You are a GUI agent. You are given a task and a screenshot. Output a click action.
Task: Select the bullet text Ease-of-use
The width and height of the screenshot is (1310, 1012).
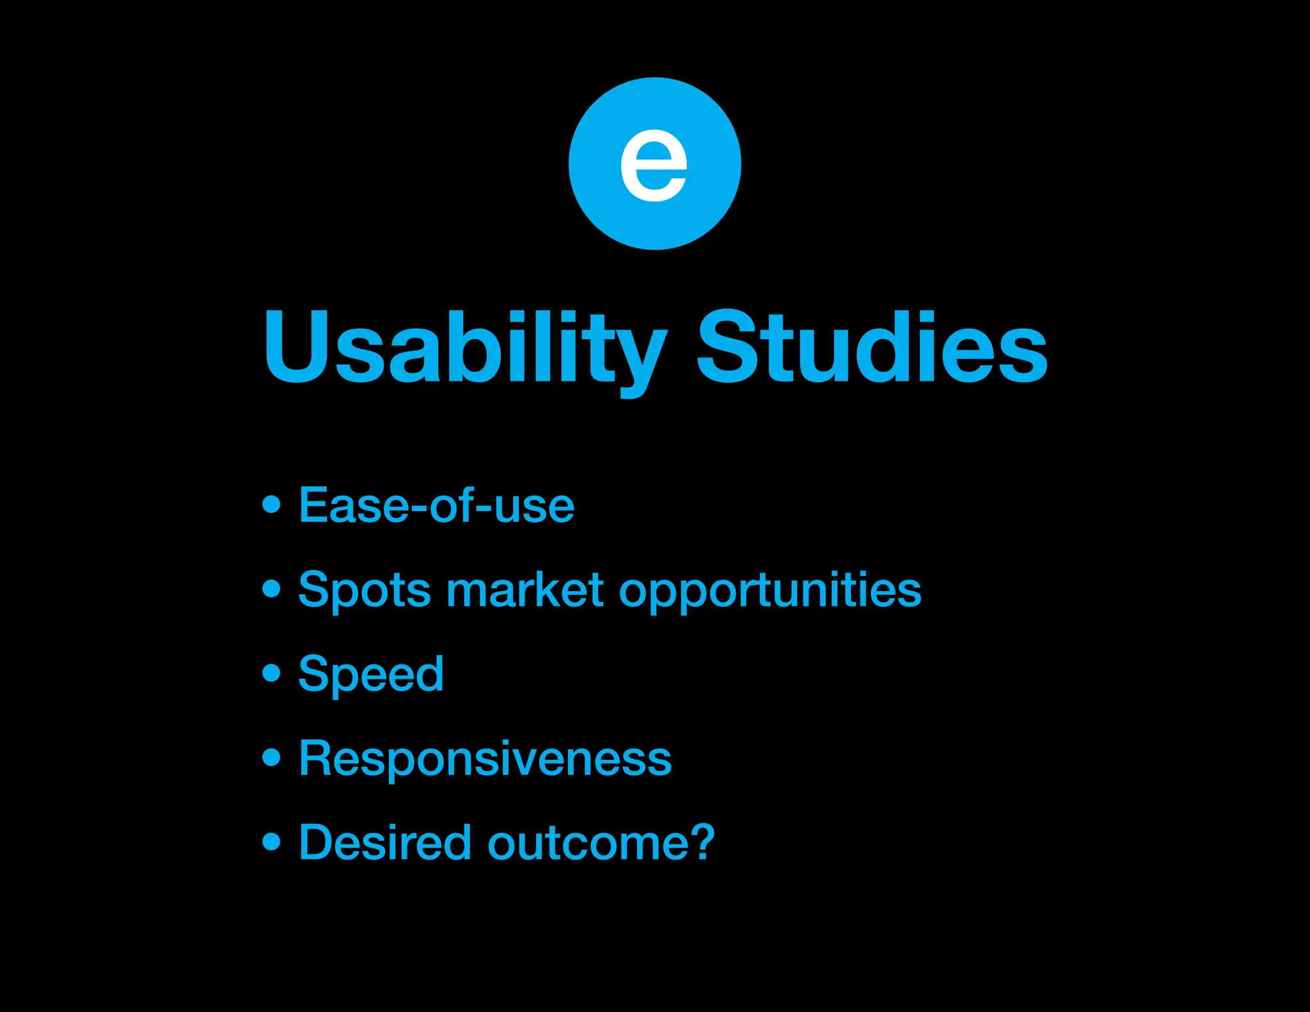[436, 505]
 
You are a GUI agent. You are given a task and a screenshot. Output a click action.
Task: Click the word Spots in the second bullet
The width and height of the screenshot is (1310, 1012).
[365, 590]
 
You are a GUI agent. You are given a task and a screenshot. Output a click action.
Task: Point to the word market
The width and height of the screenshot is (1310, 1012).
[525, 590]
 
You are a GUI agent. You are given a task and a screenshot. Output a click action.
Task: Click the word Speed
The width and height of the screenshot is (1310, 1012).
[371, 674]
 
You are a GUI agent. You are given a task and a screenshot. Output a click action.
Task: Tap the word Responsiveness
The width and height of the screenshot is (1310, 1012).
[485, 759]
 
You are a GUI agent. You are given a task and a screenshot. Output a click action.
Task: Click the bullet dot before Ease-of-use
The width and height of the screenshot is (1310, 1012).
[272, 504]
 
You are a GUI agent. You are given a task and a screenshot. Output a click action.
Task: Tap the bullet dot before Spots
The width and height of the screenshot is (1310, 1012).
[272, 589]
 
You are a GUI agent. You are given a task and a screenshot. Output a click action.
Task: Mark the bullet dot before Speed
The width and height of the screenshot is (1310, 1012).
[272, 673]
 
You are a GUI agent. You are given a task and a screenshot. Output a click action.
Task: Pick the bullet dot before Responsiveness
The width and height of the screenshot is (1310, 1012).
[272, 757]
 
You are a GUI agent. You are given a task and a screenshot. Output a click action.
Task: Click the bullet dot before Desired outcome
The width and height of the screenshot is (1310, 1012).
[272, 841]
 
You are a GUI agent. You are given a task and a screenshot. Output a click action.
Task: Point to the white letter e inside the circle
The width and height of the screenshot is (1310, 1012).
[654, 165]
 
